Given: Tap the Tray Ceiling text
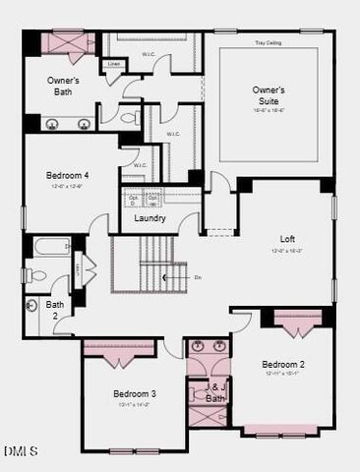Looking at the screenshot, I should click(x=268, y=43).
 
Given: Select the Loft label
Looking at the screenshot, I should click(x=287, y=239).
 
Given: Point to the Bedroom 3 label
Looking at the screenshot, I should click(x=134, y=394).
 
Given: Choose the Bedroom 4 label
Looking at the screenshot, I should click(x=66, y=176).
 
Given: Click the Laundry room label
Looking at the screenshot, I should click(x=149, y=218).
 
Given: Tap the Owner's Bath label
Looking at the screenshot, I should click(x=63, y=86).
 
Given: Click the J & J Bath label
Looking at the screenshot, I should click(x=216, y=393).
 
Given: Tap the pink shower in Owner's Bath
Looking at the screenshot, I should click(x=67, y=43).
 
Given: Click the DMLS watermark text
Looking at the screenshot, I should click(x=20, y=451).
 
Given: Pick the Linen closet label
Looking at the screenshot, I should click(x=115, y=64).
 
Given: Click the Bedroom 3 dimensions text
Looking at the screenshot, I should click(x=134, y=404).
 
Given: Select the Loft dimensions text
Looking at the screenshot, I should click(x=287, y=251).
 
